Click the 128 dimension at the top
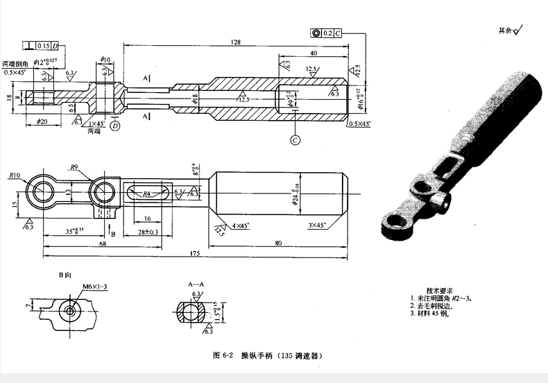click(237, 42)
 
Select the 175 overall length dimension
click(194, 255)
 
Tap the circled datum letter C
click(296, 140)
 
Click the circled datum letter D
click(114, 126)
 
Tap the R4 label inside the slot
click(146, 195)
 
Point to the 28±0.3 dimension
click(147, 231)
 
